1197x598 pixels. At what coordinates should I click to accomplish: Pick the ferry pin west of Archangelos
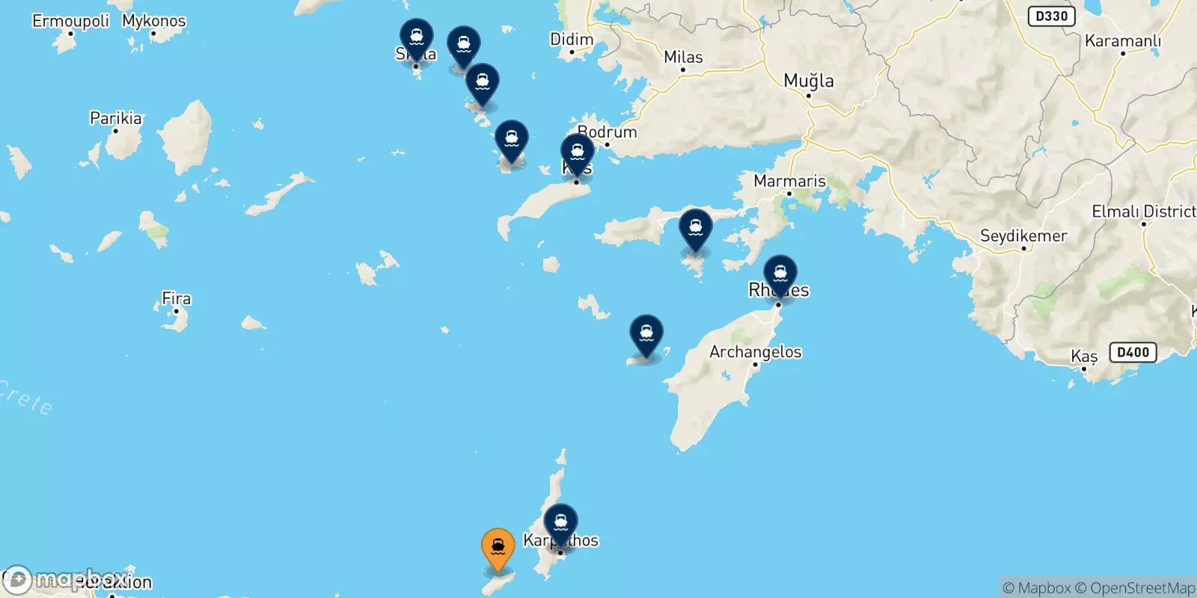point(646,335)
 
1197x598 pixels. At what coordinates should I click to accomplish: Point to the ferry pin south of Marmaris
point(696,229)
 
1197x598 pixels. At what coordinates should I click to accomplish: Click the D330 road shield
point(1051,16)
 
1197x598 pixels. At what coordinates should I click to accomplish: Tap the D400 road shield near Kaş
point(1133,352)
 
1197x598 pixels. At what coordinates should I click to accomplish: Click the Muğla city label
point(809,81)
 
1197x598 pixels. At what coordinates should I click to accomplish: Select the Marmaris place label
point(789,181)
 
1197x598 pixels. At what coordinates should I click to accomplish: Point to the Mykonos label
point(154,21)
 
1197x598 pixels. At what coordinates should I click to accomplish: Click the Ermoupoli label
point(70,21)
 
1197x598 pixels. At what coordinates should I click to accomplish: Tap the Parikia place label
point(116,118)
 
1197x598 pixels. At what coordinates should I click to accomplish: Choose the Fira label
point(177,299)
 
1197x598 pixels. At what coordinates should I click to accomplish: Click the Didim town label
point(572,39)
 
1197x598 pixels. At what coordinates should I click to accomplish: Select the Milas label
point(683,57)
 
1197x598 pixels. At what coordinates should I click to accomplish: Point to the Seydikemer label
point(1023,236)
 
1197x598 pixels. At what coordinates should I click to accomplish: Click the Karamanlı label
point(1122,40)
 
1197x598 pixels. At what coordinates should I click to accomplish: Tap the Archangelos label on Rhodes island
point(756,351)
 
